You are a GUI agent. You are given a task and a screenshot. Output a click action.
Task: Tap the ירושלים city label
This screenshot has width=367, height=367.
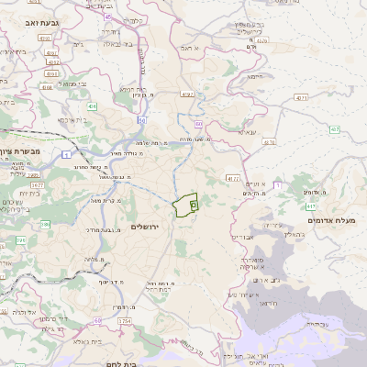(x=146, y=226)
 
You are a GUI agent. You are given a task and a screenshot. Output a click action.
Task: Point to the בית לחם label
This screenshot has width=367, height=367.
(x=141, y=363)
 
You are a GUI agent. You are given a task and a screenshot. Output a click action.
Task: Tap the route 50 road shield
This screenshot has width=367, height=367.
(x=142, y=119)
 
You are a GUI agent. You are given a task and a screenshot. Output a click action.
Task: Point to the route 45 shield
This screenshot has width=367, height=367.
(x=107, y=17)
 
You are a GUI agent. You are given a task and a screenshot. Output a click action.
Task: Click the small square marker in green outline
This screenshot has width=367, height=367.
(x=194, y=207)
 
